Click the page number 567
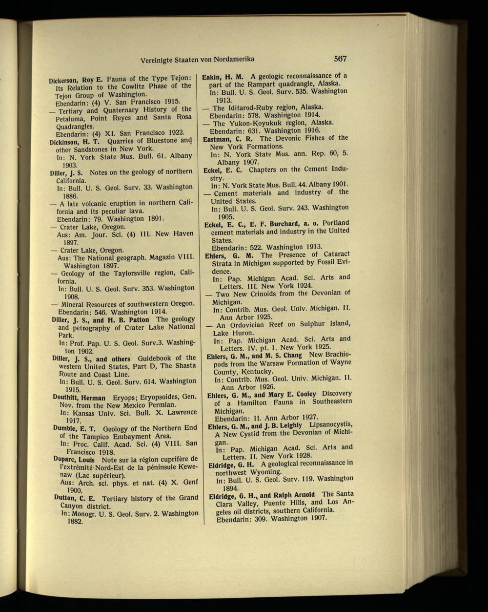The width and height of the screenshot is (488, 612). point(340,59)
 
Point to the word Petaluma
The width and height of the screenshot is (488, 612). point(71,118)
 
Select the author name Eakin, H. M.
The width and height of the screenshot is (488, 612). point(223,77)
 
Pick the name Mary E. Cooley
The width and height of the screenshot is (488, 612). point(292,394)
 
